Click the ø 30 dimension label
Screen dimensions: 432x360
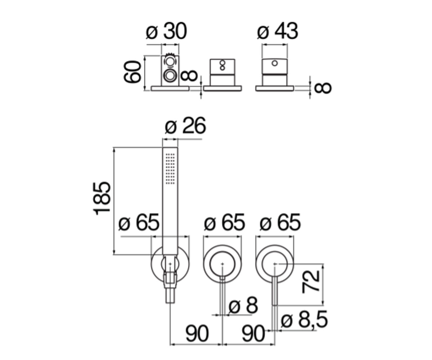(x=166, y=31)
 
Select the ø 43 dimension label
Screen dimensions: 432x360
(x=278, y=31)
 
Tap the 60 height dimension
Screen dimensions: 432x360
(x=132, y=72)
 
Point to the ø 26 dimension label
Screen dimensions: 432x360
(x=185, y=126)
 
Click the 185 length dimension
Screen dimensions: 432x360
(x=102, y=198)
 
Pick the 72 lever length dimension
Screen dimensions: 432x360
(x=311, y=282)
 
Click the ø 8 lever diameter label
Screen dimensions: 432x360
(x=243, y=306)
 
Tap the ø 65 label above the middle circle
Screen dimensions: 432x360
(x=225, y=222)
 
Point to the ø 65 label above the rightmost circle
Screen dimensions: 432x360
(x=280, y=222)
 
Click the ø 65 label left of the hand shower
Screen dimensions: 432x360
(x=139, y=222)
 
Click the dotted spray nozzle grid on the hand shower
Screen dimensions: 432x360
(x=170, y=168)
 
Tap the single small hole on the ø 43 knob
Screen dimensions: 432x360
(x=275, y=63)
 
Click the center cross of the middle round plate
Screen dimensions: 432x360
(x=222, y=264)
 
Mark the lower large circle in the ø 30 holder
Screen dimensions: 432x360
(x=170, y=76)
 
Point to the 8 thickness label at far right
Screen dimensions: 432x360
(x=323, y=88)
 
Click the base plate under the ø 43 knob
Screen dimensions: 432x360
(x=275, y=88)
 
